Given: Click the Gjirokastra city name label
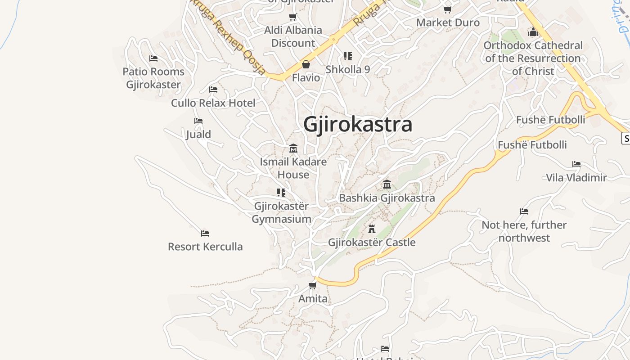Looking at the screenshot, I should pos(358,124).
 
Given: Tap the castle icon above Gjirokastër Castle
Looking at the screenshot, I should pos(372,229).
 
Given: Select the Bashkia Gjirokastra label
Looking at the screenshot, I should pos(387,198).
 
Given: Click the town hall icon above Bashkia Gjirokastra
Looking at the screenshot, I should pos(387,184).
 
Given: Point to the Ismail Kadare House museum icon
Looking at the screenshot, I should pos(293,148).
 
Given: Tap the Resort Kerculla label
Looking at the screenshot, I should pos(205,247).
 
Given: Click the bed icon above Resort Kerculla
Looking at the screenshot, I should pos(205,233).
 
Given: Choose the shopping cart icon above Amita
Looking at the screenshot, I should pos(313,285).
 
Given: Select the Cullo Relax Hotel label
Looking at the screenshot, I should pos(213,103).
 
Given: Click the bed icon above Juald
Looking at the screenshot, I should pos(198,121).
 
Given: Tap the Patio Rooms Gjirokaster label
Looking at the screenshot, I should pos(153,78).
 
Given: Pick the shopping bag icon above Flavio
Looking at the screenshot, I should pos(306,64).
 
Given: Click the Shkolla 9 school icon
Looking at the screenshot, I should pos(347,56).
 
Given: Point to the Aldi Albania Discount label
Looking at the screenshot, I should pos(293,36).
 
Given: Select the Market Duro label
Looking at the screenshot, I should pos(448,22).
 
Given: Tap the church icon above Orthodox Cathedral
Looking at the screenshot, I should pos(533,32).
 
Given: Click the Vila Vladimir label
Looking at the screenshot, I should pos(576,178).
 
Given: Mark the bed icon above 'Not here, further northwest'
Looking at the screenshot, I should pos(524,211).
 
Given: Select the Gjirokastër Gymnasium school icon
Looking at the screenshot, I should pos(281,193).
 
